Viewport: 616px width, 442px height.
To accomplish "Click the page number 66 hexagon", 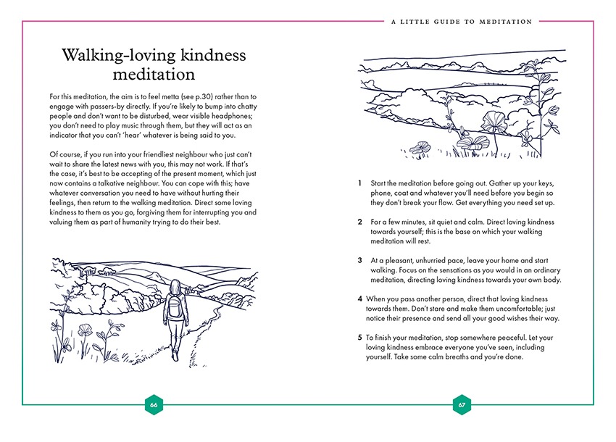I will [154, 404].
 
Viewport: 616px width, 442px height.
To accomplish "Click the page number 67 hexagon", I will [462, 404].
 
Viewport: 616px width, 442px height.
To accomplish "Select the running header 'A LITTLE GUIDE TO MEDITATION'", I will [462, 22].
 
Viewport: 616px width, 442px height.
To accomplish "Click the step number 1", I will [360, 183].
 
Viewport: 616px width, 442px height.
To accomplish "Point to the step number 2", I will [360, 221].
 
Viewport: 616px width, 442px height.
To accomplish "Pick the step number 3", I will [360, 259].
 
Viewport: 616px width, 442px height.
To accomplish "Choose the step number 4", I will [360, 299].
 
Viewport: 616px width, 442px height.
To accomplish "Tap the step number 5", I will [360, 337].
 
